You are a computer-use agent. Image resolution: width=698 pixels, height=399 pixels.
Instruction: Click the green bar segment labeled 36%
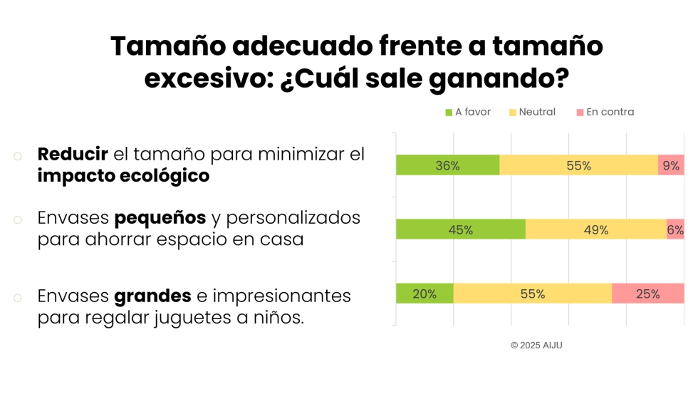447,165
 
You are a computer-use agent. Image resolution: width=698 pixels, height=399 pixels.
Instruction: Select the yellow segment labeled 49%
595,229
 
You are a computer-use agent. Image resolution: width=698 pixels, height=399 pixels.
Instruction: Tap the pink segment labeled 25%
647,294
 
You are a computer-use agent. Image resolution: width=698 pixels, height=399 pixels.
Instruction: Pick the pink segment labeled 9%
671,165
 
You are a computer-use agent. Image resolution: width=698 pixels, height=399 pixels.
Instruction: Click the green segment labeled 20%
424,294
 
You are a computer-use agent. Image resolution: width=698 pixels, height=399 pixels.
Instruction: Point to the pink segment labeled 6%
675,229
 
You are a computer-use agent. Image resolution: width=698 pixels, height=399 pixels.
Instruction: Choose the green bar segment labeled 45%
461,229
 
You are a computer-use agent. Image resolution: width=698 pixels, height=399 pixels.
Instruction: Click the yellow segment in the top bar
578,165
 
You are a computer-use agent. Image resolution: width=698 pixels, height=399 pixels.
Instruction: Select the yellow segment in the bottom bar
532,294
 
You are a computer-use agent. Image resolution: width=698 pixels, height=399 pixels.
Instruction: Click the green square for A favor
449,113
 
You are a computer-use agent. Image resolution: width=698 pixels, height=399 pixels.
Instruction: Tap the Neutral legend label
537,112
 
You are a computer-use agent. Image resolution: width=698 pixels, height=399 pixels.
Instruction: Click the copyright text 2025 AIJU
536,345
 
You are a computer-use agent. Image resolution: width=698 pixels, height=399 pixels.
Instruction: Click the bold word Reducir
73,154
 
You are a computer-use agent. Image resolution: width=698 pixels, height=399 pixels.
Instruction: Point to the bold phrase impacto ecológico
123,176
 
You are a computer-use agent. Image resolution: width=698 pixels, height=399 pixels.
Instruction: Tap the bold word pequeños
160,217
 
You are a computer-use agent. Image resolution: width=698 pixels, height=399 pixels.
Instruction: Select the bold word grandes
152,295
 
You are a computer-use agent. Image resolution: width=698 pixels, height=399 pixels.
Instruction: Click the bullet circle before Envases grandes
17,297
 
